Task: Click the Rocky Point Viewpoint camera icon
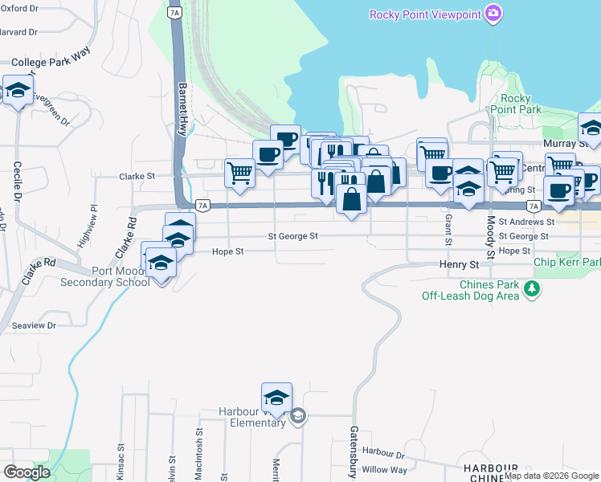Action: (x=493, y=13)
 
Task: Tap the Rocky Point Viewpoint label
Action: (x=425, y=14)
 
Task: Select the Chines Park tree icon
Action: (x=530, y=289)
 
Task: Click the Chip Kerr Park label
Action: (x=566, y=263)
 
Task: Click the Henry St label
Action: (x=459, y=264)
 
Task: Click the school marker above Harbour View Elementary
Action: (x=276, y=397)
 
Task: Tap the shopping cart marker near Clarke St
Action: (x=239, y=173)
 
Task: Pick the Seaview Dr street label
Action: (x=34, y=325)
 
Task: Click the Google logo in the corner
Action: (x=27, y=472)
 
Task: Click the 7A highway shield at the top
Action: (x=174, y=13)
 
